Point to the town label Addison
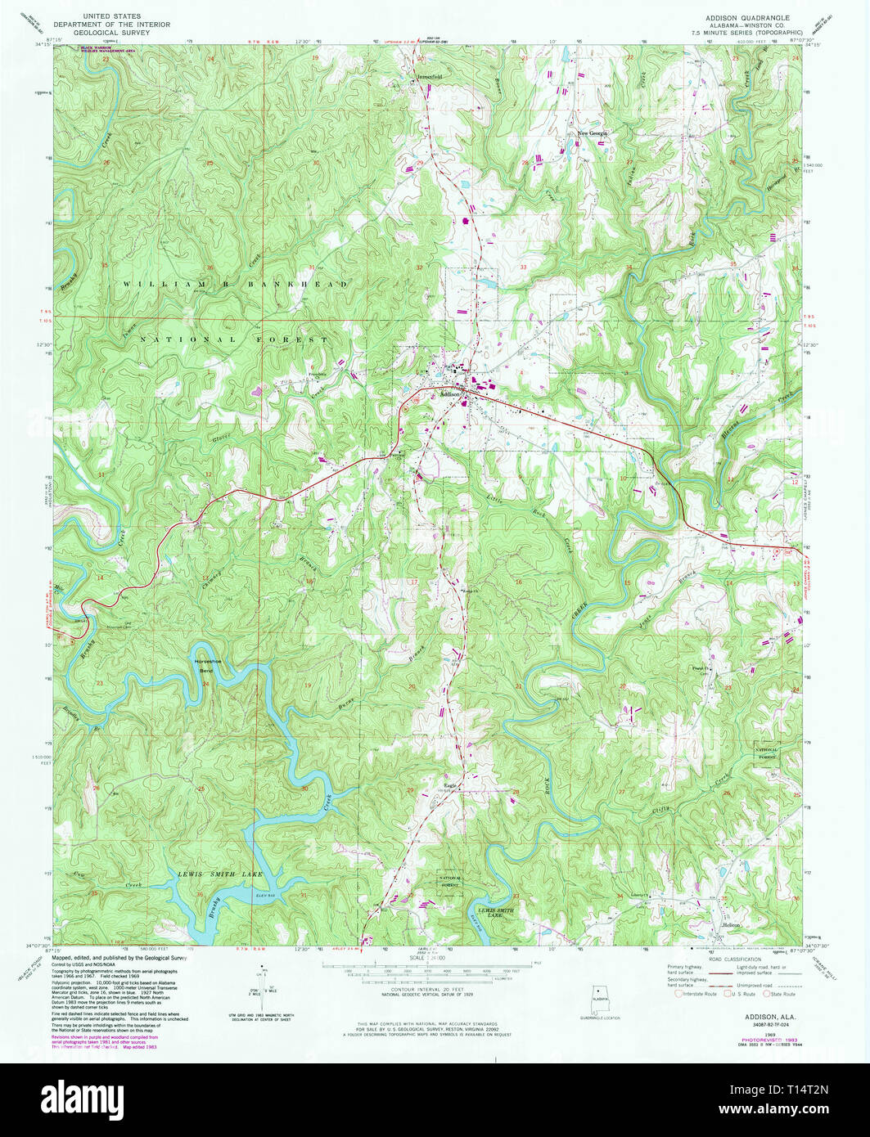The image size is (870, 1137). [452, 393]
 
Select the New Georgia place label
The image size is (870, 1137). [595, 133]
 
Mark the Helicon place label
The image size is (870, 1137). [731, 925]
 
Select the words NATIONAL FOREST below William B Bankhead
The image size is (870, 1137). [233, 339]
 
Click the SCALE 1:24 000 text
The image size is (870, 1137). [434, 956]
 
